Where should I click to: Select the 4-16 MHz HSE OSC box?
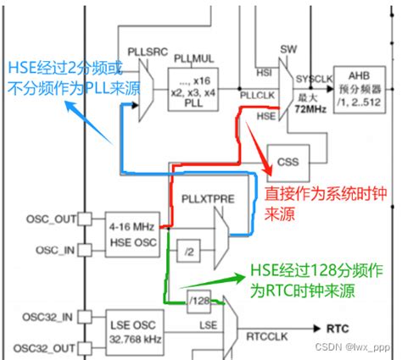coord(131,233)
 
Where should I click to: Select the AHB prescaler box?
coord(362,86)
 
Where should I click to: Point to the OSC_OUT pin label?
coord(42,219)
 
